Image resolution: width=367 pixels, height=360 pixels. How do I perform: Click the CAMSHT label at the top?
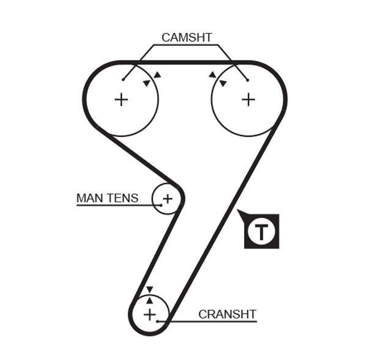tap(187, 37)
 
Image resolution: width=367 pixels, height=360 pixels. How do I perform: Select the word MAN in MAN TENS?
tap(89, 198)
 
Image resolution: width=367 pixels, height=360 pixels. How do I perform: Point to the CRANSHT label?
tap(227, 314)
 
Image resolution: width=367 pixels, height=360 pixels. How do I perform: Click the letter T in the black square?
tap(261, 232)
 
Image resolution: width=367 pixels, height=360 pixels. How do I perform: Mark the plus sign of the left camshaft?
tap(121, 99)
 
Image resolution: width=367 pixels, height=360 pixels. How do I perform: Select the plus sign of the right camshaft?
tap(248, 99)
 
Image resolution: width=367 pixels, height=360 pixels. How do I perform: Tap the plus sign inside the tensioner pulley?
tap(168, 198)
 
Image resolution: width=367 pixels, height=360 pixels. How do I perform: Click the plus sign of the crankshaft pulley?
tap(150, 314)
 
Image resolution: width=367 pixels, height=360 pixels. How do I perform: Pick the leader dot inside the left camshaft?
tap(123, 79)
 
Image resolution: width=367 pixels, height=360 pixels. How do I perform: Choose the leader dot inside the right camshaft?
tap(248, 79)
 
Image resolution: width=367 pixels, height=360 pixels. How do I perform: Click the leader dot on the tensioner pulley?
tap(160, 205)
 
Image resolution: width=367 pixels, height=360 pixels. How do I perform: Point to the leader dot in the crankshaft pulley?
tap(158, 320)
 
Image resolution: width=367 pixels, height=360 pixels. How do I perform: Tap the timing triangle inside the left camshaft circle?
tap(146, 83)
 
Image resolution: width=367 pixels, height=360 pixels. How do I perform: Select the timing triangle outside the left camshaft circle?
tap(157, 75)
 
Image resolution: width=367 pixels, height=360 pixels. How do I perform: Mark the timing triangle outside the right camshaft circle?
tap(212, 75)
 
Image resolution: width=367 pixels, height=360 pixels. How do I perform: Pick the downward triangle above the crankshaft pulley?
tap(149, 289)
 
